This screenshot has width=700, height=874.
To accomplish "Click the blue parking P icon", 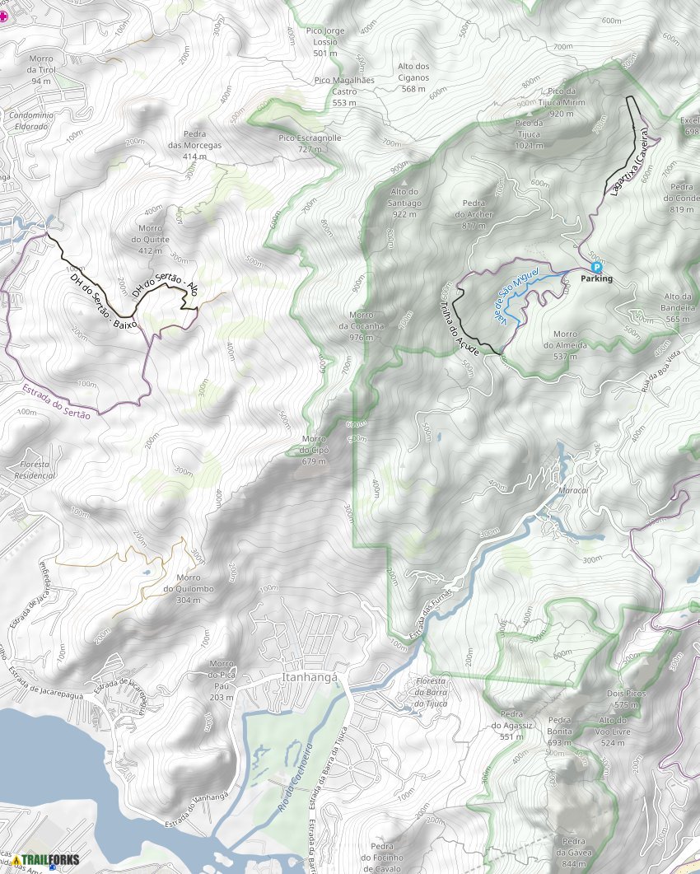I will tap(596, 267).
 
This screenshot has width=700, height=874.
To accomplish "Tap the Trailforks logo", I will tap(46, 860).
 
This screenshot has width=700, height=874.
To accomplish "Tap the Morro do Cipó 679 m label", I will tap(314, 450).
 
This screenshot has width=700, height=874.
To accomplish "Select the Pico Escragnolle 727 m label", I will tap(310, 143).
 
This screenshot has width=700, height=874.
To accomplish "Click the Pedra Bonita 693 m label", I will tap(559, 736).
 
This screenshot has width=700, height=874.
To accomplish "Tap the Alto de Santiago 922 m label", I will tap(404, 203).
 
